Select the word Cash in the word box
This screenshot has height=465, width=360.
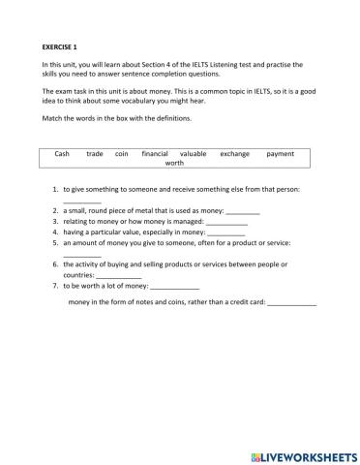click(62, 154)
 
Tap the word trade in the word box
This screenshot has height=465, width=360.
click(95, 154)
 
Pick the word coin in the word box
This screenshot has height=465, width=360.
click(121, 154)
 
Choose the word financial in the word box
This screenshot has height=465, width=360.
click(155, 154)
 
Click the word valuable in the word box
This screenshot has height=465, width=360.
click(194, 154)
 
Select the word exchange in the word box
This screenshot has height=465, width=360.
click(235, 154)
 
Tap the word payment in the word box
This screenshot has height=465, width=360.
click(281, 154)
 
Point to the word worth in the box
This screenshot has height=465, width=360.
click(174, 164)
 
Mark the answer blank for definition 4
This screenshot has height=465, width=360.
click(226, 233)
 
